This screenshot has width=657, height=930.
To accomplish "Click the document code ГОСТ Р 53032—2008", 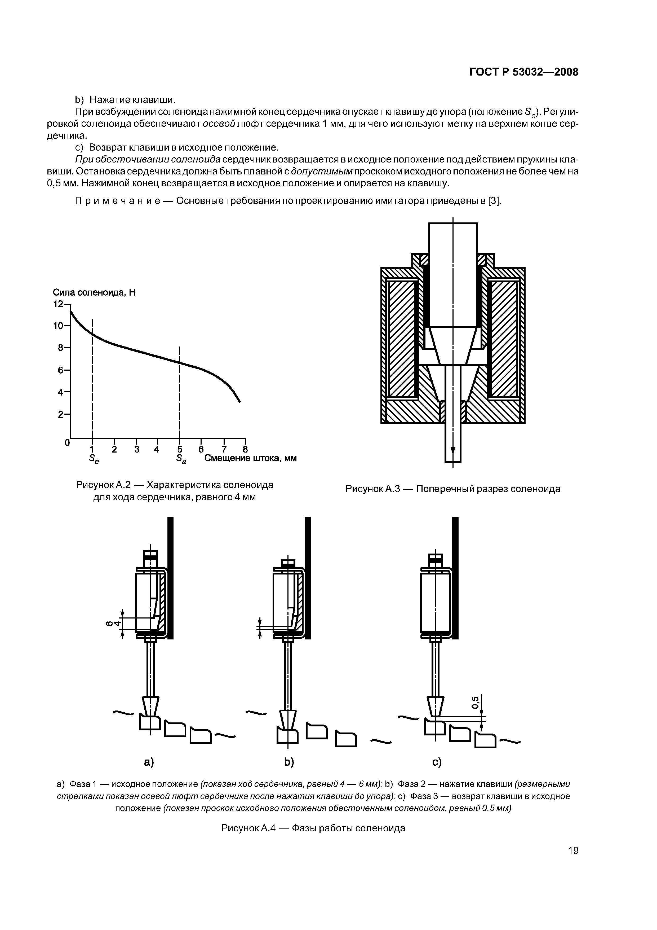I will click(x=524, y=72).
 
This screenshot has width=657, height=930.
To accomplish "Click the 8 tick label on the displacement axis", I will click(x=245, y=449).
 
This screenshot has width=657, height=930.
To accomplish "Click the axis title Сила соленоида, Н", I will click(x=94, y=292).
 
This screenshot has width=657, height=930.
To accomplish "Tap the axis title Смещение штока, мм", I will click(x=250, y=458).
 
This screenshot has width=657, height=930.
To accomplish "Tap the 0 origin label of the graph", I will click(x=67, y=443).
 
